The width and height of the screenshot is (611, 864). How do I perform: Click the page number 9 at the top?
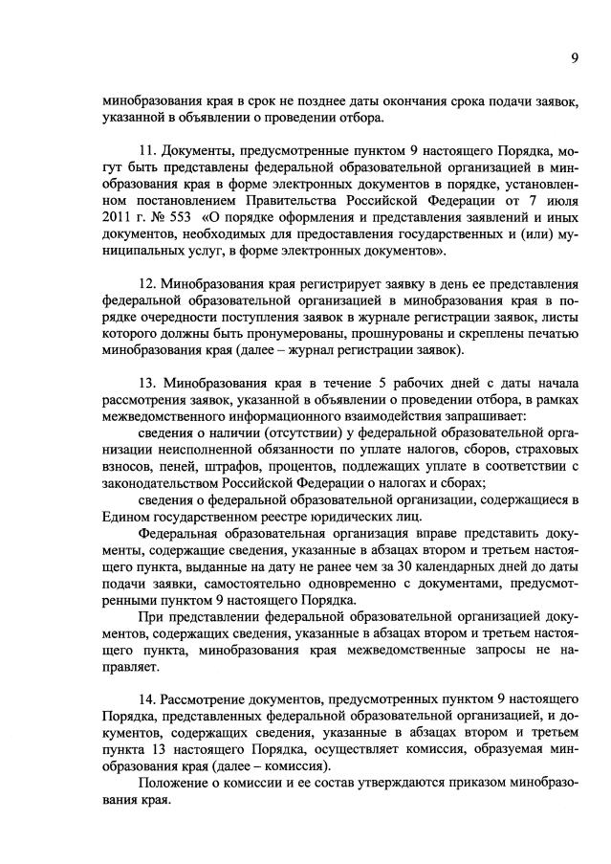[575, 57]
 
